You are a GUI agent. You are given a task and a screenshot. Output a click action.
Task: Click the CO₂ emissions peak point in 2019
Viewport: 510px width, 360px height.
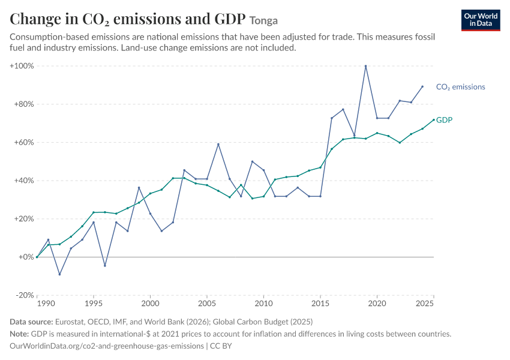365,66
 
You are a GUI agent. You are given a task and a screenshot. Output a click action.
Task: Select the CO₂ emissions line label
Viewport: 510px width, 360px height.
461,87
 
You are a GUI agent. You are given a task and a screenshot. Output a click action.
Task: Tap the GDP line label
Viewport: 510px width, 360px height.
444,120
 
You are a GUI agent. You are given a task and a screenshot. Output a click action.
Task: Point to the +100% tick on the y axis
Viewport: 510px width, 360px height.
22,66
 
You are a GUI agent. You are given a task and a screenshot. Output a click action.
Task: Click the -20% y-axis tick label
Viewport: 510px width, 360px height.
25,295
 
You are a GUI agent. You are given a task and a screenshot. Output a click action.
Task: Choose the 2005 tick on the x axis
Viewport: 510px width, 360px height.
207,304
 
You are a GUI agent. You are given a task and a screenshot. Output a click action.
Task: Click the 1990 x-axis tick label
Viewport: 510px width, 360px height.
46,304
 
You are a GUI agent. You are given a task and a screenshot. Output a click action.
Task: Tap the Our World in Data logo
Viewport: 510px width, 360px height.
481,20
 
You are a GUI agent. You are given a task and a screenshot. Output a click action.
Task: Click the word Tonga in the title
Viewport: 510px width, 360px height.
263,20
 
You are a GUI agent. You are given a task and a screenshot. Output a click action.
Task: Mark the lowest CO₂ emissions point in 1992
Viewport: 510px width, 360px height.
59,274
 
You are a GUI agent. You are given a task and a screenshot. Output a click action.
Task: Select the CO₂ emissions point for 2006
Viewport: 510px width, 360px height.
218,144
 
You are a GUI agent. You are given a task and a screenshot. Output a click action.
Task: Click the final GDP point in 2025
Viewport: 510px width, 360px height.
434,119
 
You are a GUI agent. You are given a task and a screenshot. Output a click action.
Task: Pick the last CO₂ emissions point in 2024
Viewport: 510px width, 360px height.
422,86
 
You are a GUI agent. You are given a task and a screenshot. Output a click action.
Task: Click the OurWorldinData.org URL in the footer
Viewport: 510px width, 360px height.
107,346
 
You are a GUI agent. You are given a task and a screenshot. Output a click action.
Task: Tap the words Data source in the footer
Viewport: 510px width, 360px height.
31,322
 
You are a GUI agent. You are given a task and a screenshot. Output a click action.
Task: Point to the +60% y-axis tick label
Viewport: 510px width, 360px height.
24,142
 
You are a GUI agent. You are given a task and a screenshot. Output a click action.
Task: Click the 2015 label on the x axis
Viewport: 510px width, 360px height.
320,304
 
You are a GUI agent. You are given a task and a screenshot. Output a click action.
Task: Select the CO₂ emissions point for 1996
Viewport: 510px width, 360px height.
105,266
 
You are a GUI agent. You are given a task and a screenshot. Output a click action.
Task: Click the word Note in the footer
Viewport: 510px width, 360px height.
19,334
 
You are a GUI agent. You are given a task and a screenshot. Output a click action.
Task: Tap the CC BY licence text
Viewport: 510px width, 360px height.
221,346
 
